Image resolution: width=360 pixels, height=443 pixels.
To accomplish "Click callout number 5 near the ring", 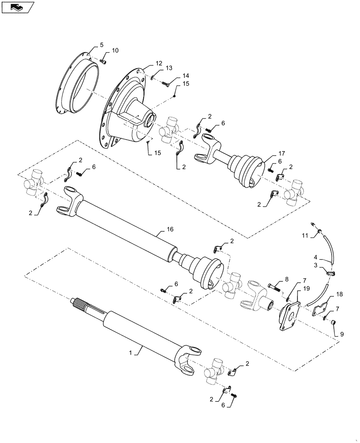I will coord(102,45).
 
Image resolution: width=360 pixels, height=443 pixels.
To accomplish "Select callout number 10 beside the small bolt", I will coord(115,51).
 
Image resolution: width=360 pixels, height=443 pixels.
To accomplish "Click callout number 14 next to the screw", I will coord(180,76).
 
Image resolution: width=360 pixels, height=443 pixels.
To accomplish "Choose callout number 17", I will coord(282,153).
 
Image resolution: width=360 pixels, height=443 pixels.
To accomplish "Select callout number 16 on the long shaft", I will coord(170,229).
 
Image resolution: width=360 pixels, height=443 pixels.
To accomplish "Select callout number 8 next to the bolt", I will coord(286,280).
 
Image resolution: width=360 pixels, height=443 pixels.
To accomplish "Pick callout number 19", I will coord(305,289).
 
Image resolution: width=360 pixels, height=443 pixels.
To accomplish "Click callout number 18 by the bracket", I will coord(339,294).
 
